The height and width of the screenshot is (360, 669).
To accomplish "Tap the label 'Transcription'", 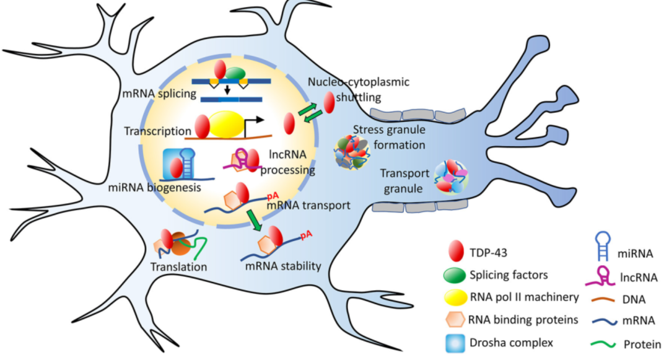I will [157, 131].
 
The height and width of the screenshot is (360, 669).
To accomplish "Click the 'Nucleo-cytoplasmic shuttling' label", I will [351, 89].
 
